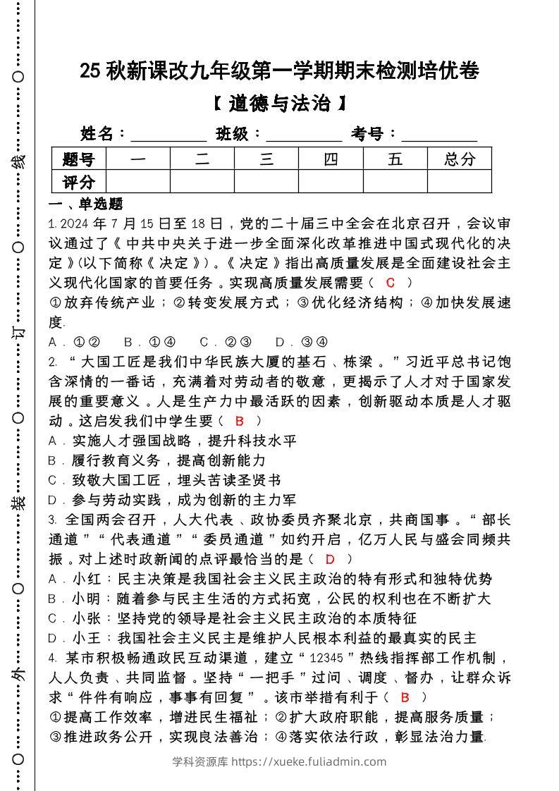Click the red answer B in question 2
tap(240, 421)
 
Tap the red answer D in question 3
tap(330, 559)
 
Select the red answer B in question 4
tap(405, 697)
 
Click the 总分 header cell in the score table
tap(460, 159)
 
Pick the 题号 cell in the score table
tap(78, 159)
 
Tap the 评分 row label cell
tap(78, 182)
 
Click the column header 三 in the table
tap(266, 159)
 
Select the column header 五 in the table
tap(395, 159)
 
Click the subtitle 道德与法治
tap(280, 104)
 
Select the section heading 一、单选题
tap(85, 204)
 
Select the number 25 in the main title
tap(90, 71)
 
